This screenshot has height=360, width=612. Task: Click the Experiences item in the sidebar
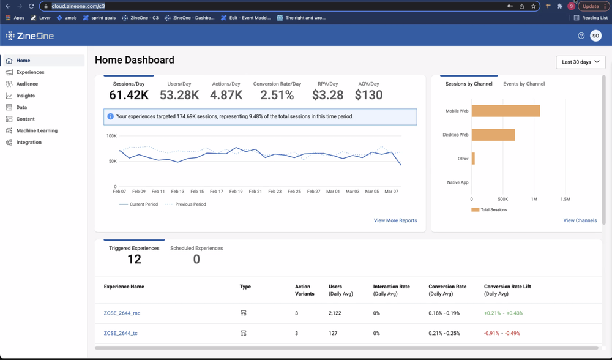point(30,72)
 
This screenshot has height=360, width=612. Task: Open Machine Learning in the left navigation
point(37,130)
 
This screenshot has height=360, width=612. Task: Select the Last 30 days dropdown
point(580,62)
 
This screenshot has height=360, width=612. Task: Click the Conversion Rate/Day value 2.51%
point(277,95)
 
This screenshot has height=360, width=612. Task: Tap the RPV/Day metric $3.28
point(327,95)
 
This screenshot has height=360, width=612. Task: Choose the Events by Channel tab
point(523,84)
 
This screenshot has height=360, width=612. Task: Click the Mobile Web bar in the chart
point(506,111)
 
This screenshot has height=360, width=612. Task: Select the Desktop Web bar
point(493,135)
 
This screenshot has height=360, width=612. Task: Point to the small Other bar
point(473,159)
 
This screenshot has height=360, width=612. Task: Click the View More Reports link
point(395,220)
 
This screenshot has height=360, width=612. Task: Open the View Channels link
point(580,220)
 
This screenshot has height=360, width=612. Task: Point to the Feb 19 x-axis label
point(236,192)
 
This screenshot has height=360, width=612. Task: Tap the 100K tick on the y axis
point(111,136)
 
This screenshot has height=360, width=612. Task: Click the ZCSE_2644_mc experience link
point(122,313)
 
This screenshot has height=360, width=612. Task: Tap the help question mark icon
point(581,36)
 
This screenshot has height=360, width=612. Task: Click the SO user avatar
point(595,36)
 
